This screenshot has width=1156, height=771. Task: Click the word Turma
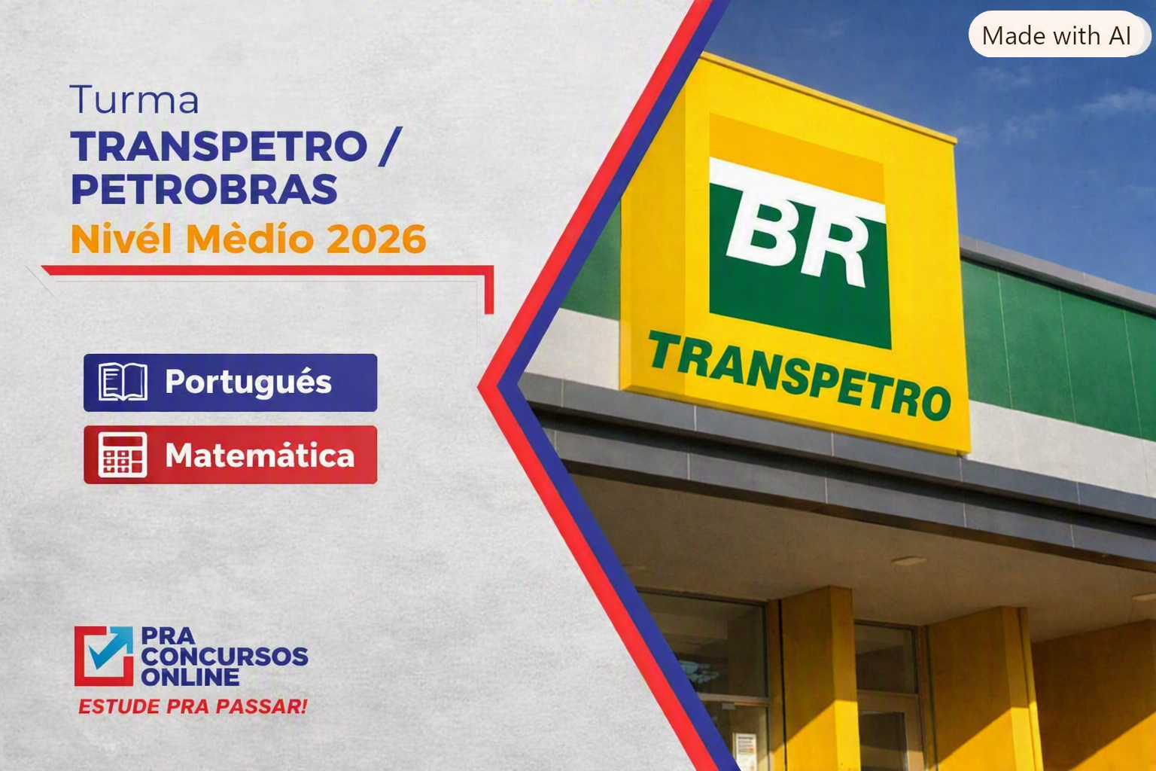click(x=134, y=99)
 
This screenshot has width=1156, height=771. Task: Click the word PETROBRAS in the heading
click(x=205, y=189)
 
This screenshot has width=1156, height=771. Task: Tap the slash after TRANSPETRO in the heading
click(x=390, y=147)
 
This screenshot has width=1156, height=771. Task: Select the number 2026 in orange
click(x=376, y=239)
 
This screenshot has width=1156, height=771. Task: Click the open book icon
click(x=123, y=382)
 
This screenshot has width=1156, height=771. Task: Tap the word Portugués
click(x=248, y=382)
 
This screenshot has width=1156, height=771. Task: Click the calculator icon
click(x=123, y=455)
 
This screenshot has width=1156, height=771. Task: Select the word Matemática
click(x=260, y=456)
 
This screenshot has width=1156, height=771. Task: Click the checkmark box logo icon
click(x=104, y=656)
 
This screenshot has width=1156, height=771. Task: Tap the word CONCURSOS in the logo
click(x=224, y=657)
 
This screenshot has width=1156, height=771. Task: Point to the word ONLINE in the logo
click(x=190, y=677)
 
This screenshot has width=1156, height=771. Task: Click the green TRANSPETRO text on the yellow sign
click(x=799, y=376)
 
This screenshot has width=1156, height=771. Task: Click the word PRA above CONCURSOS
click(x=168, y=636)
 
